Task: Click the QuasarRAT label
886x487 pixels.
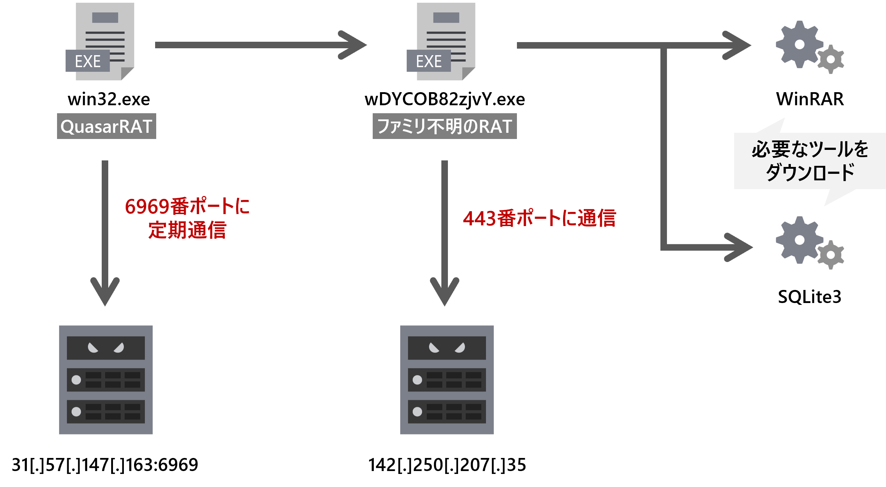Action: [106, 126]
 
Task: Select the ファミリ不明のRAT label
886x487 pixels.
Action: [445, 126]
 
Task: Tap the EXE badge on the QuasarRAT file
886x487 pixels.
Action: [88, 61]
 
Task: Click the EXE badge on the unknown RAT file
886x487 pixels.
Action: [429, 61]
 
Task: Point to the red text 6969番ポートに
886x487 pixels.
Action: [187, 206]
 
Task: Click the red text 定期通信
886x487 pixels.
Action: [187, 230]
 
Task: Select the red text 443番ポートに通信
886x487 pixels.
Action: [539, 218]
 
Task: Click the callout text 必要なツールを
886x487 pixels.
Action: [810, 149]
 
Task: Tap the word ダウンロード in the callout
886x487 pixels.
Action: [810, 172]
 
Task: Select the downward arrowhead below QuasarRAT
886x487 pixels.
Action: [105, 290]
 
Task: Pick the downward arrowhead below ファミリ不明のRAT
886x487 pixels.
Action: [445, 290]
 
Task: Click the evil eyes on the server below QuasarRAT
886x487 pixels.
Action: [106, 348]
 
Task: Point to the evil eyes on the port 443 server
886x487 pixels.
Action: [447, 348]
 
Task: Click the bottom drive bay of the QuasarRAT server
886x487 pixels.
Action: [106, 412]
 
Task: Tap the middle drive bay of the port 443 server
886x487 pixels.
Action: [447, 380]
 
